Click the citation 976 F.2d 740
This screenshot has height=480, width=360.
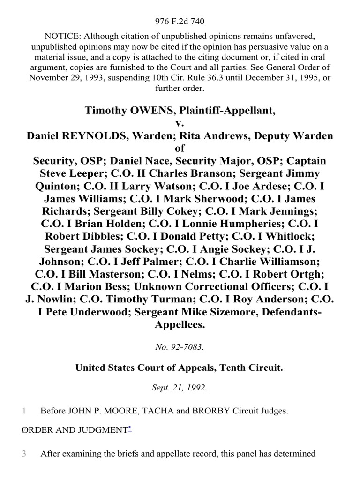(180, 21)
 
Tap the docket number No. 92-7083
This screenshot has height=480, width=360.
(180, 347)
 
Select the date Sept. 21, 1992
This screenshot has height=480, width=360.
(180, 389)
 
